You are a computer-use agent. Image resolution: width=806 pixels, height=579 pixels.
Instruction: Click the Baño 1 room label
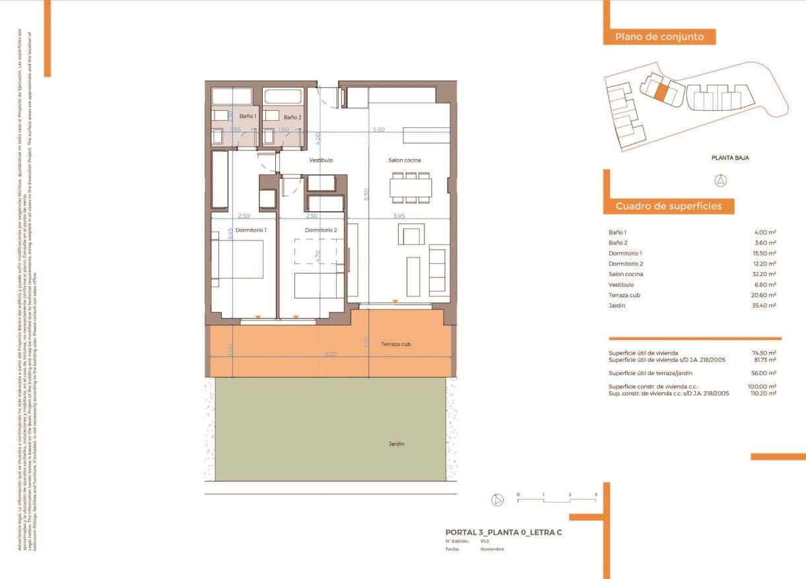pyautogui.click(x=248, y=116)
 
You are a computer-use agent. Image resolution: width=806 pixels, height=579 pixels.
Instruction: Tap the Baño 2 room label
pyautogui.click(x=292, y=117)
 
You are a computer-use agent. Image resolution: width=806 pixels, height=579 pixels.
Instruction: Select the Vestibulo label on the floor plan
pyautogui.click(x=321, y=160)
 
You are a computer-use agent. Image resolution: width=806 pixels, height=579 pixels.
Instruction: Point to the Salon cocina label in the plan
pyautogui.click(x=404, y=160)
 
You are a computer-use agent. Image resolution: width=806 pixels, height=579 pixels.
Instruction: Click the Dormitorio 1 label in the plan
pyautogui.click(x=251, y=230)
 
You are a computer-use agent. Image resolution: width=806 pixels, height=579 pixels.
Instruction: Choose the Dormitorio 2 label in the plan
pyautogui.click(x=321, y=230)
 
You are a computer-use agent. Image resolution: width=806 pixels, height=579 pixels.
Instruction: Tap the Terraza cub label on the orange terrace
pyautogui.click(x=396, y=345)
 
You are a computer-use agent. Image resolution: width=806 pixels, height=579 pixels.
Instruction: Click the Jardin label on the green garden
pyautogui.click(x=396, y=444)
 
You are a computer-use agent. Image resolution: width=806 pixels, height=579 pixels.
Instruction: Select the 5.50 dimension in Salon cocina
pyautogui.click(x=378, y=130)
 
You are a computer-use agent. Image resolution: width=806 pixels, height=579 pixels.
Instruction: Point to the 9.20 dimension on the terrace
pyautogui.click(x=331, y=355)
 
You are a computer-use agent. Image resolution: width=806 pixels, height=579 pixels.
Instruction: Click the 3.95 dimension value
pyautogui.click(x=399, y=216)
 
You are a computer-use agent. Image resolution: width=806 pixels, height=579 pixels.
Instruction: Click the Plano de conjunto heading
pyautogui.click(x=659, y=37)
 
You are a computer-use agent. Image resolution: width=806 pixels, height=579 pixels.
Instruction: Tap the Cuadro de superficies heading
pyautogui.click(x=668, y=207)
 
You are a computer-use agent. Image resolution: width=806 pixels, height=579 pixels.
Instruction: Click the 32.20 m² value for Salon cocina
pyautogui.click(x=766, y=274)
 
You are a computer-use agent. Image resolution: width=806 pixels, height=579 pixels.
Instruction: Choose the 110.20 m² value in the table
pyautogui.click(x=764, y=393)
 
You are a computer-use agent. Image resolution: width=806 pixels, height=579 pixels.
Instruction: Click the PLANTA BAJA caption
pyautogui.click(x=729, y=158)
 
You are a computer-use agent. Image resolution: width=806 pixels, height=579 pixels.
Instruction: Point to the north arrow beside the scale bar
pyautogui.click(x=497, y=500)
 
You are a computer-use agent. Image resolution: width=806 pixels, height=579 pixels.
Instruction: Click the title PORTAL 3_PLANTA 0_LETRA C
pyautogui.click(x=503, y=532)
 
